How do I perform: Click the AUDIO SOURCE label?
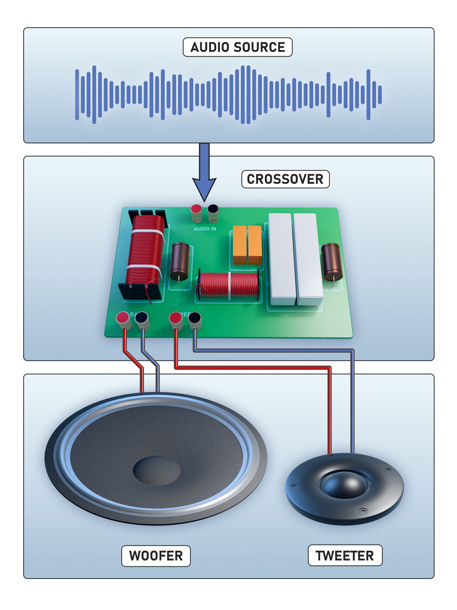pos(237,47)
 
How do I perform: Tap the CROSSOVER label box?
pos(285,179)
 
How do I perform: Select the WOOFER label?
pos(156,556)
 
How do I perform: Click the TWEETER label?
pos(345,555)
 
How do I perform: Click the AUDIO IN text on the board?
pos(205,229)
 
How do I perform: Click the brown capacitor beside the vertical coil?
pos(179,261)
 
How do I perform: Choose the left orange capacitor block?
pos(240,244)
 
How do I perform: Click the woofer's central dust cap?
pos(157,471)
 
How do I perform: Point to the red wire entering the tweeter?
pos(330,417)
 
